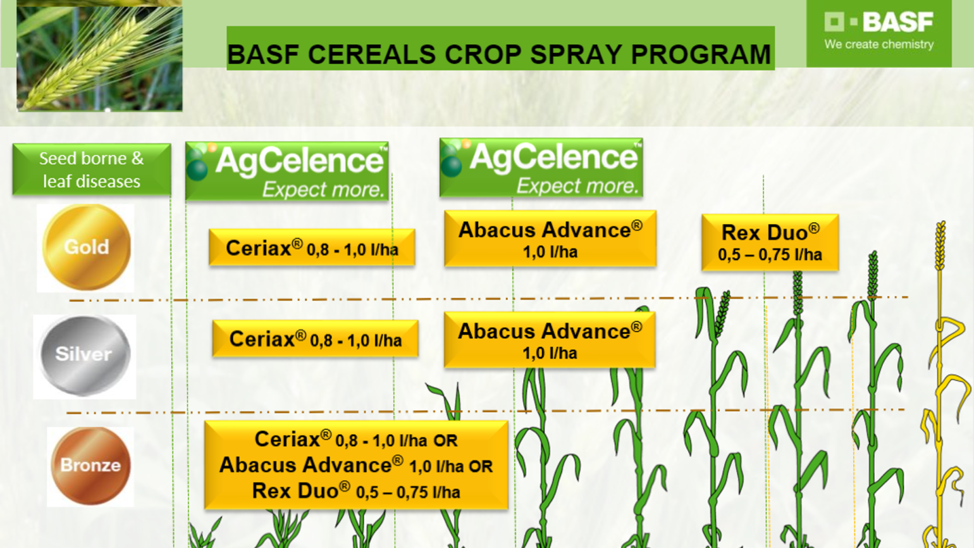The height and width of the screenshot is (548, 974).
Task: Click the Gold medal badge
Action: click(x=86, y=247)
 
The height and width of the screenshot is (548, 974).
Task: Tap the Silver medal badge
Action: click(x=84, y=355)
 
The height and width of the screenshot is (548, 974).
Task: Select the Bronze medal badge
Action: click(x=90, y=466)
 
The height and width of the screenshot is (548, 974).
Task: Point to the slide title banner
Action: click(x=500, y=49)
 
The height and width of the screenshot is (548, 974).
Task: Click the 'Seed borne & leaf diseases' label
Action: click(x=92, y=170)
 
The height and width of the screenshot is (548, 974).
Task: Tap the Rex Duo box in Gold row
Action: click(x=770, y=243)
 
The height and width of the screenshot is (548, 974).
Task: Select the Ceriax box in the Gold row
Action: click(x=312, y=248)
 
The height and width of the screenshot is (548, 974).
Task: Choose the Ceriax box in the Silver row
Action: click(x=315, y=340)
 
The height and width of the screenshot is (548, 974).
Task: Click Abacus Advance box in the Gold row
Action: click(x=550, y=239)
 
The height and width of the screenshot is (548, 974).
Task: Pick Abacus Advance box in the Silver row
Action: click(x=549, y=340)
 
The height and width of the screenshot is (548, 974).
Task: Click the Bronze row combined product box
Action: click(x=356, y=465)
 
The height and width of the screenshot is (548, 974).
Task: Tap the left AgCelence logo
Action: click(x=287, y=171)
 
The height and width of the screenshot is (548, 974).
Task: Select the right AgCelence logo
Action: click(x=541, y=168)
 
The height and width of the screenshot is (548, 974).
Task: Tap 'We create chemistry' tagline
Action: click(x=878, y=45)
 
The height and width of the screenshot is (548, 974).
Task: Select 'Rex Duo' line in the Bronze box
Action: click(x=355, y=492)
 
